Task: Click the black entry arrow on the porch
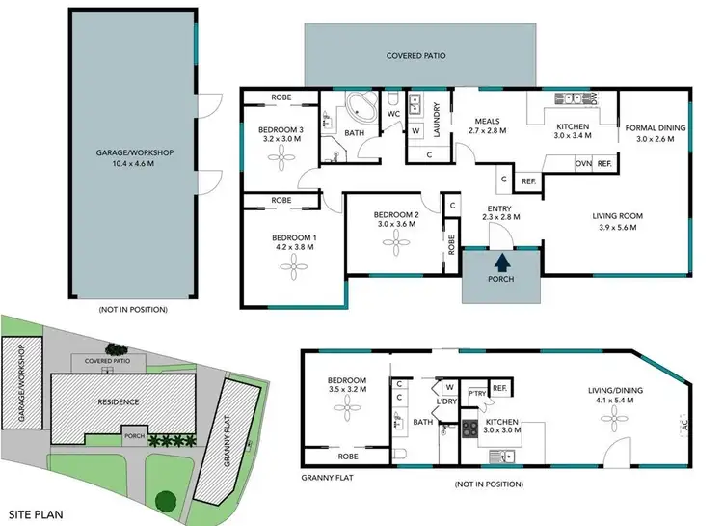pyautogui.click(x=500, y=261)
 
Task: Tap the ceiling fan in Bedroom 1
pyautogui.click(x=293, y=271)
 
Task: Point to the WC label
pyautogui.click(x=393, y=114)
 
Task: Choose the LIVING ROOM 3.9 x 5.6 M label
pyautogui.click(x=617, y=221)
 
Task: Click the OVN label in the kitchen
pyautogui.click(x=583, y=164)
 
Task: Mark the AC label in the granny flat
pyautogui.click(x=683, y=421)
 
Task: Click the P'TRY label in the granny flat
pyautogui.click(x=476, y=393)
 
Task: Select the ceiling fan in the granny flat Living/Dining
pyautogui.click(x=612, y=422)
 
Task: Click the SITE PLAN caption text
pyautogui.click(x=37, y=514)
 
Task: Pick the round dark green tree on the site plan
pyautogui.click(x=165, y=501)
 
